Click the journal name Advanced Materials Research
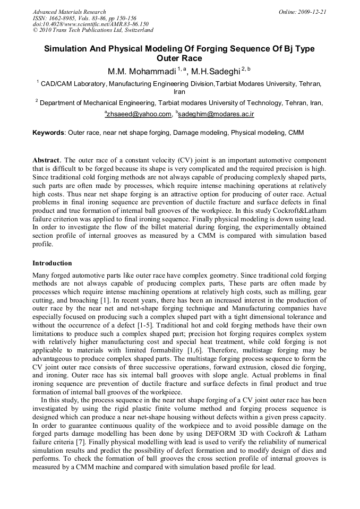69,12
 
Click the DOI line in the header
90,24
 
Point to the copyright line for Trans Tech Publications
93,31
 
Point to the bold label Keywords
48,132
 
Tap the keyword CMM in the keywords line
296,132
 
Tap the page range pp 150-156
120,18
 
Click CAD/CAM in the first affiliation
56,83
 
